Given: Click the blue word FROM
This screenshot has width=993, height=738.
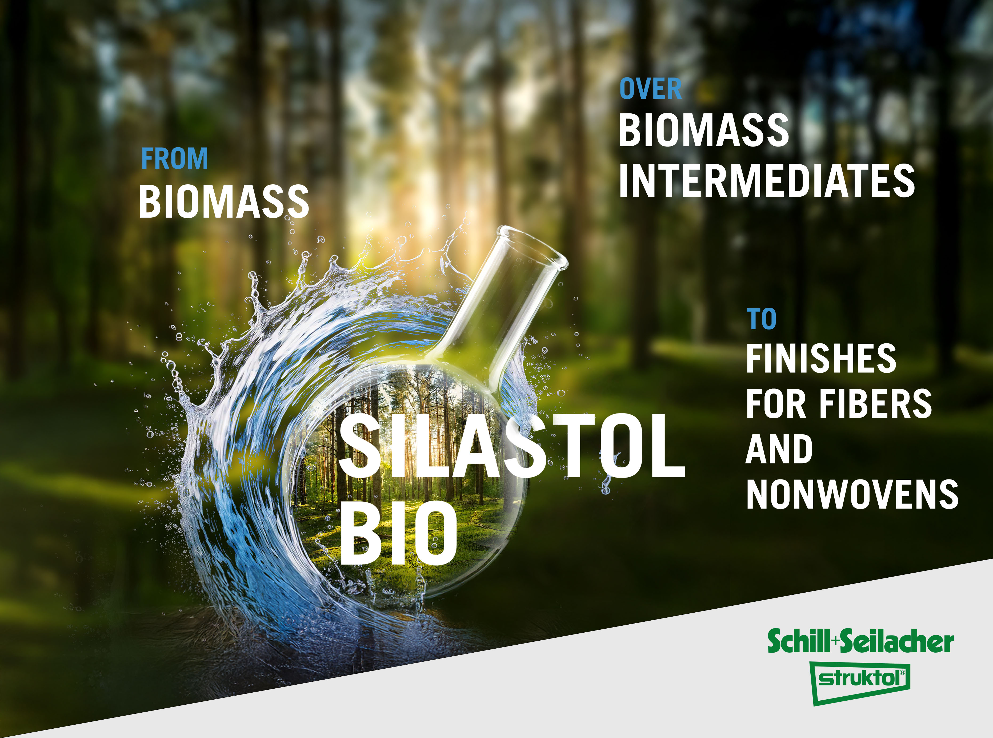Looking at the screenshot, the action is pos(175,158).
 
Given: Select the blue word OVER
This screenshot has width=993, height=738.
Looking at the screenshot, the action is pos(651,89).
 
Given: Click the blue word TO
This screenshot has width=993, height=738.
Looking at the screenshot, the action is pos(761,319).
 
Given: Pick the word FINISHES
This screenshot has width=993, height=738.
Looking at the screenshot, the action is pos(821,358).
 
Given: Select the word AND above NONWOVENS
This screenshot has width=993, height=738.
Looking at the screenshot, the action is pos(779,449).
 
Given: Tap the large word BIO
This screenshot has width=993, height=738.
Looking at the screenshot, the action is pos(399,532).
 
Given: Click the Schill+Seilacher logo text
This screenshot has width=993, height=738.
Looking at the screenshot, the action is pos(861,641).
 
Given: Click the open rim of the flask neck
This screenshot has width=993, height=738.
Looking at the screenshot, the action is pos(533,246).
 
